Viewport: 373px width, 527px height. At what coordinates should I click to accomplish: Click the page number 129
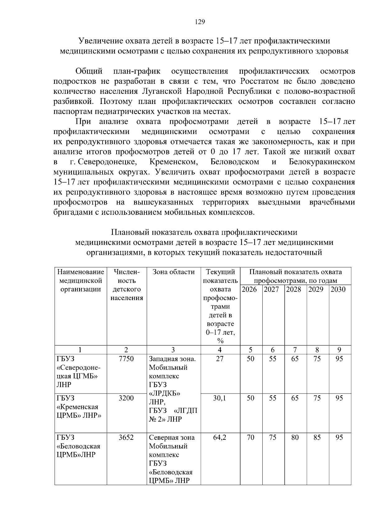(x=200, y=22)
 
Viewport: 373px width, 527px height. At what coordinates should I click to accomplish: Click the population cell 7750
(x=126, y=359)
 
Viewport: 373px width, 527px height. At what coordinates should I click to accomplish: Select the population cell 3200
(x=126, y=398)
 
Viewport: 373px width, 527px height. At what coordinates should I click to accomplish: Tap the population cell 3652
(x=126, y=437)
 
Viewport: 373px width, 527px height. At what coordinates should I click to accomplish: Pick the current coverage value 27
(x=220, y=359)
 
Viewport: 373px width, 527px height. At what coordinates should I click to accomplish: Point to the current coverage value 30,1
(x=220, y=398)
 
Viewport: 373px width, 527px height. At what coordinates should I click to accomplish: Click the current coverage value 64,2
(x=220, y=437)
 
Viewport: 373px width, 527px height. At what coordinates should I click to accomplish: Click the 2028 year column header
(x=294, y=290)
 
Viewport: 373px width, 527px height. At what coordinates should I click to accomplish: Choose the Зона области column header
(x=173, y=272)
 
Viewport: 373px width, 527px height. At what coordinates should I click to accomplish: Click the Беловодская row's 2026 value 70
(x=251, y=437)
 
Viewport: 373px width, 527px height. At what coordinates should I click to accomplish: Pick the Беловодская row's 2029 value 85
(x=317, y=437)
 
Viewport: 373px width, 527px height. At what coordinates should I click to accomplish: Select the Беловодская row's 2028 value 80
(x=295, y=437)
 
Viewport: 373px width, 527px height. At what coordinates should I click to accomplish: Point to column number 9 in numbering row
(x=339, y=350)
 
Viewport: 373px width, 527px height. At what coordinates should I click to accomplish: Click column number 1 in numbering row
(x=80, y=350)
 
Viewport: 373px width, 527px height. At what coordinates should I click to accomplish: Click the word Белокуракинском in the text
(x=322, y=162)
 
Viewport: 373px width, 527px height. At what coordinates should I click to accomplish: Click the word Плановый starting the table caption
(x=126, y=232)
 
